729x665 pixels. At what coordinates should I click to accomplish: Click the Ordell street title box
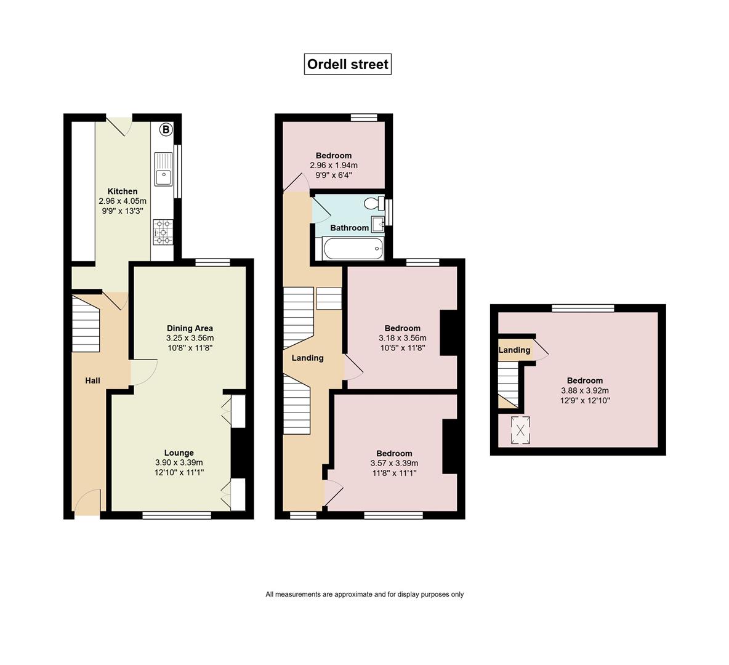348,64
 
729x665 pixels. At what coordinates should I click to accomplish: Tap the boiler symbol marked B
166,130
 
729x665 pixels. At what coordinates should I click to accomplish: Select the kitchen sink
163,168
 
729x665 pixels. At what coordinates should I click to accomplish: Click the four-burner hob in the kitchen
163,232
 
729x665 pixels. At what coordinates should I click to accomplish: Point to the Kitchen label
123,191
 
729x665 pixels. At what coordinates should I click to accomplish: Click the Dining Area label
190,328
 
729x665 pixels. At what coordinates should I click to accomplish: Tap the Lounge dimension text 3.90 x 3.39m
179,462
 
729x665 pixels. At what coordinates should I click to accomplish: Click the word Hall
92,381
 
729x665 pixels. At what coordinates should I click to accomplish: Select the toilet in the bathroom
375,204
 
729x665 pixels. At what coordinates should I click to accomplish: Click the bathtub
353,248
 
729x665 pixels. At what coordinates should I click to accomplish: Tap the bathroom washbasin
377,224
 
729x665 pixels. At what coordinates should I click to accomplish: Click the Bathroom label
350,228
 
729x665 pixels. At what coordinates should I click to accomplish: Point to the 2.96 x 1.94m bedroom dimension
334,166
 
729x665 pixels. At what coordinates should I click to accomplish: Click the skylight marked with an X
520,430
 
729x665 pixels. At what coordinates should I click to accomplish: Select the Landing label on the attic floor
514,350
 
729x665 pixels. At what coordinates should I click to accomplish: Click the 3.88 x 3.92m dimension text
585,390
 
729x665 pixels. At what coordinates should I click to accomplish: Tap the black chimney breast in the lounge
238,453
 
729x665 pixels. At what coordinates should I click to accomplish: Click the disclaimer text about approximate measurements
364,594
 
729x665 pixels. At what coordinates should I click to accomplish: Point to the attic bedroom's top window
583,308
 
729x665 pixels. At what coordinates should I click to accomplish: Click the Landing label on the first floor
307,358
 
